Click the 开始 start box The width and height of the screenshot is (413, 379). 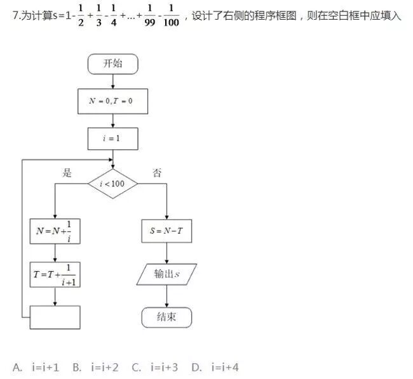(x=112, y=63)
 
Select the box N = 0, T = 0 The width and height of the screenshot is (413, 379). (x=112, y=102)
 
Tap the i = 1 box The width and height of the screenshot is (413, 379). (x=112, y=139)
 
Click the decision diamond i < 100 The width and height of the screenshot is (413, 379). (x=112, y=184)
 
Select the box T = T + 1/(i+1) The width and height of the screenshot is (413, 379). (x=55, y=274)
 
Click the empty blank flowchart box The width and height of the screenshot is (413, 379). (x=55, y=317)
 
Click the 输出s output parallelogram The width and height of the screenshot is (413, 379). (x=166, y=274)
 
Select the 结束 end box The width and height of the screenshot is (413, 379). (x=166, y=317)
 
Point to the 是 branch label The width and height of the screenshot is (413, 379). (x=67, y=172)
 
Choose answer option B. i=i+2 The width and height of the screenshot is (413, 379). (x=95, y=367)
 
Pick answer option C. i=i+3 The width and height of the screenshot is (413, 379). (x=155, y=367)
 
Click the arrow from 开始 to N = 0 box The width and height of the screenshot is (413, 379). (x=112, y=81)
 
